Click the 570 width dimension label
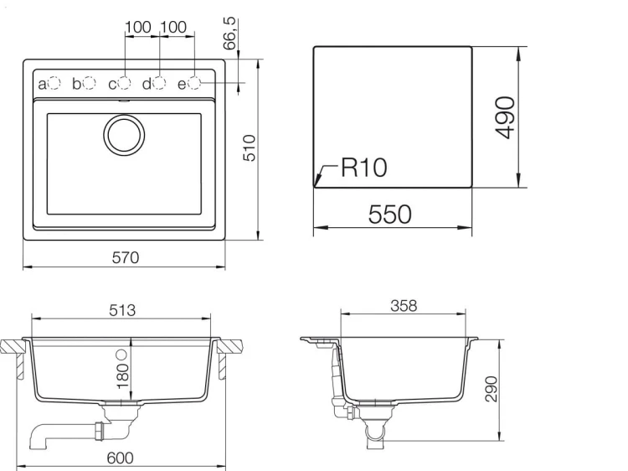click(126, 259)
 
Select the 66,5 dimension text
click(230, 32)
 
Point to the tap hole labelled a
click(54, 83)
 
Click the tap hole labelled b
click(90, 83)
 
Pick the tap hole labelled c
click(125, 83)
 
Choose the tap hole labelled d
click(159, 83)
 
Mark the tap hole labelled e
click(194, 83)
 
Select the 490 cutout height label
click(504, 118)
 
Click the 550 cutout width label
click(390, 215)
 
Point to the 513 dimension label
click(122, 309)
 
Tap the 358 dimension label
click(404, 306)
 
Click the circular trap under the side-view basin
click(376, 432)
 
